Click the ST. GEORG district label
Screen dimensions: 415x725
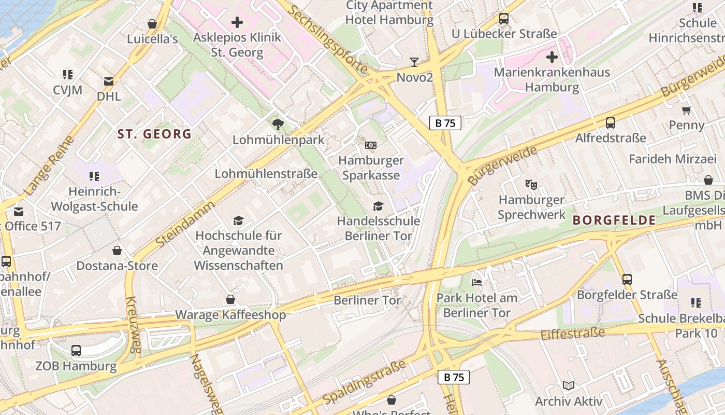coord(154,134)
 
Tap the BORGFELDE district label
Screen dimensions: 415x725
coord(614,220)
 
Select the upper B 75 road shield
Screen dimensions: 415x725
coord(445,123)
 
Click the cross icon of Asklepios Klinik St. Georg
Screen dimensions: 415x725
coord(237,22)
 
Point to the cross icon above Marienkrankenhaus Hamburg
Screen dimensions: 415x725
coord(552,57)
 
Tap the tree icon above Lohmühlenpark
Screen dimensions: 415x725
coord(278,124)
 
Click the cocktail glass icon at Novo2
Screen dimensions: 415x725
coord(414,62)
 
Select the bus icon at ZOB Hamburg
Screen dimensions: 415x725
coord(76,350)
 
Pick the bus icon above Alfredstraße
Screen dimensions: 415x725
coord(611,123)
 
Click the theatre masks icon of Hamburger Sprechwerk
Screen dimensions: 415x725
coord(531,184)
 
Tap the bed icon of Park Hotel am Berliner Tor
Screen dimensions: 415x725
coord(477,283)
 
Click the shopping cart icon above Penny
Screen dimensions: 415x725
coord(687,109)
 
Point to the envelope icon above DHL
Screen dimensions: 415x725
coord(109,81)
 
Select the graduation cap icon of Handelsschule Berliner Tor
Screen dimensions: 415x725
coord(379,206)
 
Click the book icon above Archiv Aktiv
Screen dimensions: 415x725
coord(569,385)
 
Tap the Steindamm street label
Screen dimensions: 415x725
coord(185,224)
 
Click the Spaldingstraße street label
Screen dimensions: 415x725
coord(364,383)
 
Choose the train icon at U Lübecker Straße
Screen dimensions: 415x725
coord(504,19)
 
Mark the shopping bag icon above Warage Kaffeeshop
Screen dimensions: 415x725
coord(230,299)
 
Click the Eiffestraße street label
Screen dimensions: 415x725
coord(572,334)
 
